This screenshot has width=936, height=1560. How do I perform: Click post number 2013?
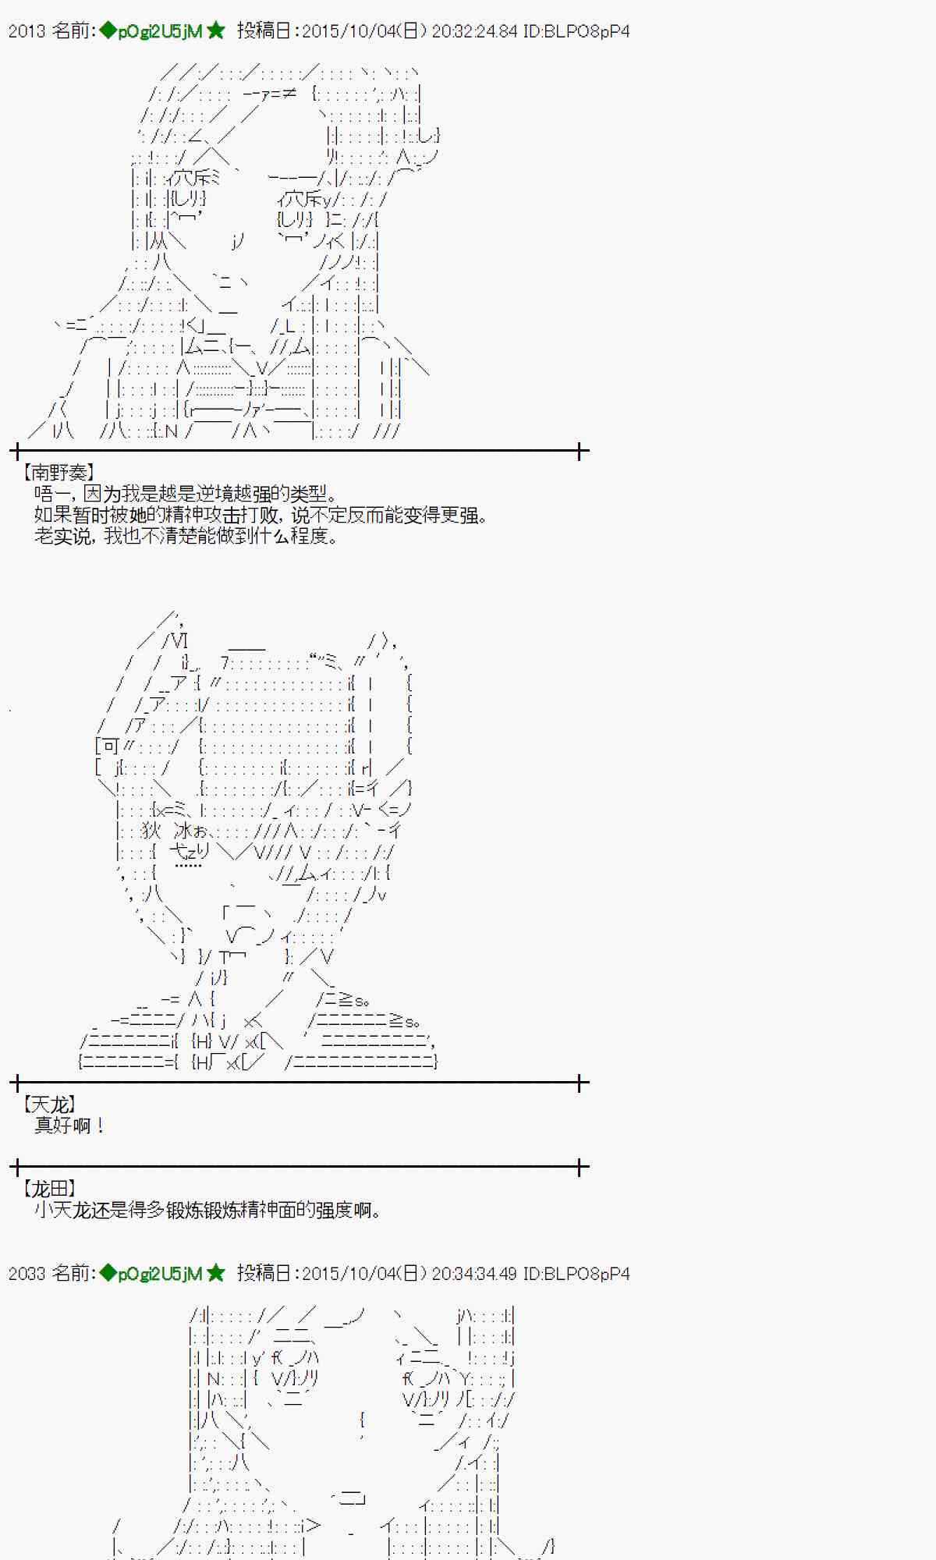click(x=27, y=31)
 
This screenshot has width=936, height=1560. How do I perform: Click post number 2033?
click(x=27, y=1274)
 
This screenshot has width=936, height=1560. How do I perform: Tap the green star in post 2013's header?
click(x=216, y=31)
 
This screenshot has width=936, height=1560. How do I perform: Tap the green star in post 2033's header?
click(x=216, y=1274)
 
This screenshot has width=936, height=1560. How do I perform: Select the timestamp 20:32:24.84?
click(x=474, y=31)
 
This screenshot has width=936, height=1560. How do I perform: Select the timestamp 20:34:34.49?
click(x=474, y=1274)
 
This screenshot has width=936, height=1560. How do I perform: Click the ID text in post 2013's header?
click(x=576, y=31)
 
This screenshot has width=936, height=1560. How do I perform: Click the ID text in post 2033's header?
click(x=576, y=1274)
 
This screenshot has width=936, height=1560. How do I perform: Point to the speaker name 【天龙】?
click(x=48, y=1104)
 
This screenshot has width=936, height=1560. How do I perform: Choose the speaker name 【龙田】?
click(x=48, y=1189)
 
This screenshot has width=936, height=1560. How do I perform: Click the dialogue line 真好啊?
click(x=69, y=1126)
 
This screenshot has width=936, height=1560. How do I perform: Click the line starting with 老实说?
click(x=186, y=536)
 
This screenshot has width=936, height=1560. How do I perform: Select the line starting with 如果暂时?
click(x=261, y=515)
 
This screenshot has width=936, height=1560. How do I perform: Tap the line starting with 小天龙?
click(x=207, y=1210)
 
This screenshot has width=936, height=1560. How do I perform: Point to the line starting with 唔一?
click(x=186, y=494)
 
